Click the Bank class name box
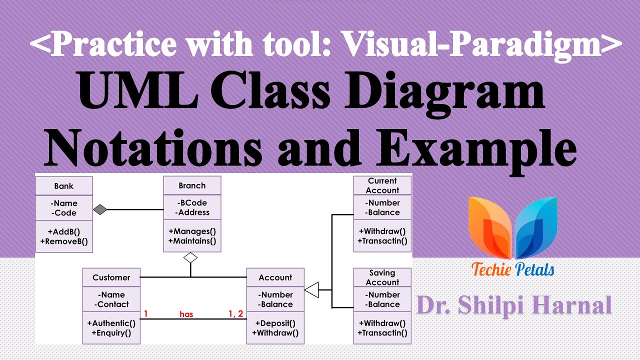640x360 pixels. point(64,186)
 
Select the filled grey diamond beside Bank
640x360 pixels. point(100,209)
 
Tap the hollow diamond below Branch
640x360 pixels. point(190,257)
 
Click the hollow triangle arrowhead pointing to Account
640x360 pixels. point(311,289)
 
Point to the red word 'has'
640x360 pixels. point(186,314)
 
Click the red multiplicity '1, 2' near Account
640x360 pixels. point(235,313)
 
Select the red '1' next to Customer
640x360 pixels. point(145,313)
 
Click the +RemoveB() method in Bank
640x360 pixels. point(64,241)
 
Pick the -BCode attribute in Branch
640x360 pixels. point(192,202)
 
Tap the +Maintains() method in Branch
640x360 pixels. point(192,241)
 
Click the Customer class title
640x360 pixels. point(111,277)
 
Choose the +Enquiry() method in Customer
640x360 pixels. point(111,333)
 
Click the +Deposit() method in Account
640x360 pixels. point(275,323)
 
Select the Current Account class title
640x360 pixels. point(382,185)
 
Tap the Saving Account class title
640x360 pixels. point(382,277)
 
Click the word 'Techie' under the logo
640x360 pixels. point(491,269)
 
